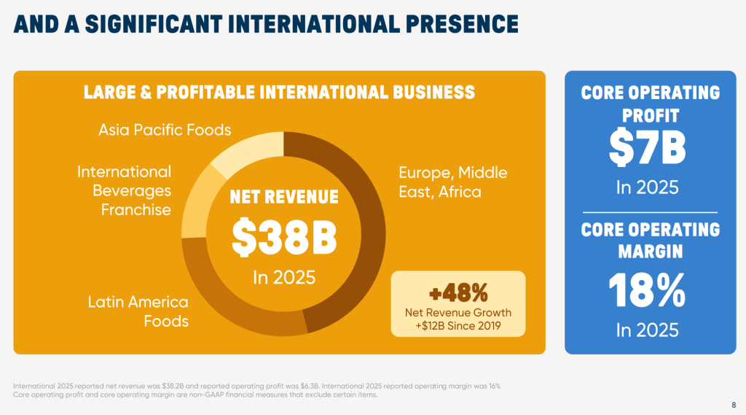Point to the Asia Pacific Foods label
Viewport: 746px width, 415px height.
point(165,130)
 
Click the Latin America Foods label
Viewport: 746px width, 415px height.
point(138,311)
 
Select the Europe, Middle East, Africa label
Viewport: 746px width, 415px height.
point(452,182)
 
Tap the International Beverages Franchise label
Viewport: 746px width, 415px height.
point(125,190)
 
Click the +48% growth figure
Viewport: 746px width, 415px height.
point(458,293)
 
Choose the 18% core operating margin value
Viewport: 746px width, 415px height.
point(647,290)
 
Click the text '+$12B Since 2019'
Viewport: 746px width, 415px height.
point(458,325)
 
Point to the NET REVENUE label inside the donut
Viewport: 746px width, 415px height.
point(284,197)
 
